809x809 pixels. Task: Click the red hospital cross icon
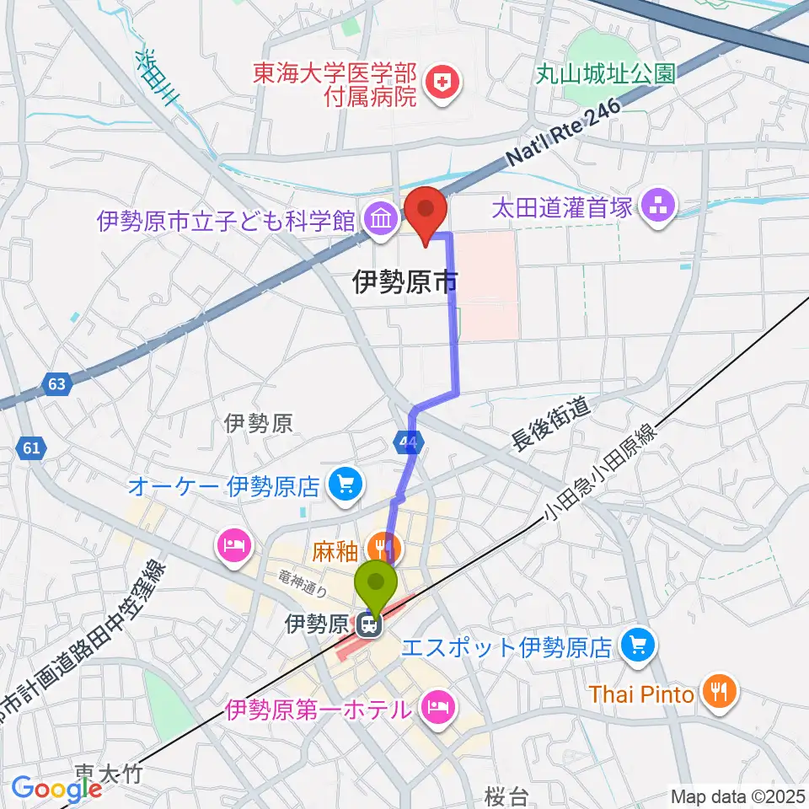click(x=439, y=82)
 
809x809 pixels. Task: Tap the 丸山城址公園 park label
click(x=607, y=73)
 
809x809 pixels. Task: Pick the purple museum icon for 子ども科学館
click(x=382, y=221)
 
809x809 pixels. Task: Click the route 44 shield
click(x=409, y=442)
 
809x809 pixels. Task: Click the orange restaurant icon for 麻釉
click(x=385, y=550)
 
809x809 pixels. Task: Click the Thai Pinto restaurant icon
click(x=718, y=694)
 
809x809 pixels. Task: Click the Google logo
click(x=56, y=788)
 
